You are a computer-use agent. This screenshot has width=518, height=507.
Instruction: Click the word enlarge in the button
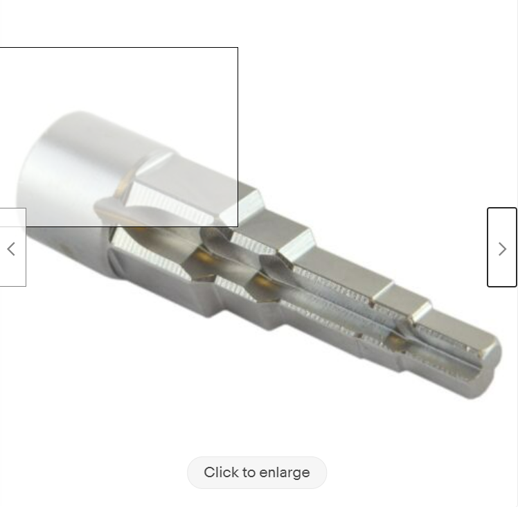click(285, 473)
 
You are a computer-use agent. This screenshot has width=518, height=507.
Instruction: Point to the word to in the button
click(247, 472)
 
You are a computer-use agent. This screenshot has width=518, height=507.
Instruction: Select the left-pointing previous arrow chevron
click(11, 249)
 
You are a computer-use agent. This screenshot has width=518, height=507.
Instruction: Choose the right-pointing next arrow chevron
click(502, 249)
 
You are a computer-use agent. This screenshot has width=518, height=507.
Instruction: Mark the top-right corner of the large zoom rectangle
click(238, 48)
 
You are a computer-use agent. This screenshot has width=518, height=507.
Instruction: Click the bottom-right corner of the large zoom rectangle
click(238, 226)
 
